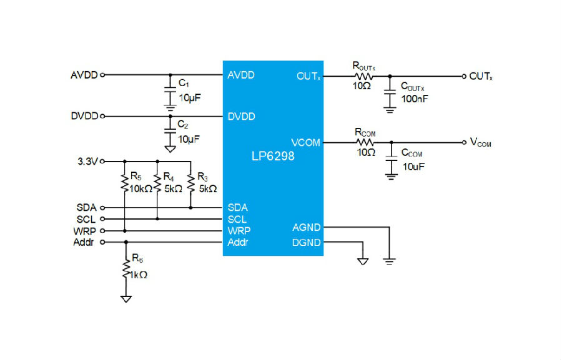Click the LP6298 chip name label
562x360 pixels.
(273, 156)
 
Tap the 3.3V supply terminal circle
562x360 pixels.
(102, 162)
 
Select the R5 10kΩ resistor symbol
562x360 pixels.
(125, 183)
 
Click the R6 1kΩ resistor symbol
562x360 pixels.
(126, 268)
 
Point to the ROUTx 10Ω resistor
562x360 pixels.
(364, 76)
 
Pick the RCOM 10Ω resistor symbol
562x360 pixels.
(365, 143)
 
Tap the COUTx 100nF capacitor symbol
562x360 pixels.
(390, 91)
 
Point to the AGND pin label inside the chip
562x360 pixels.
(306, 228)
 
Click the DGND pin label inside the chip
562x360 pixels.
(306, 243)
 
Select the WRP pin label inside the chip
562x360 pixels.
(239, 231)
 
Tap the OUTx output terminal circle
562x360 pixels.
(464, 76)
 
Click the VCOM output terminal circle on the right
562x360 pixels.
(464, 143)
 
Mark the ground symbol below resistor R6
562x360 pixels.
(126, 299)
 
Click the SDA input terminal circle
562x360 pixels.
(102, 208)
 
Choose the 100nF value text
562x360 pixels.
(415, 99)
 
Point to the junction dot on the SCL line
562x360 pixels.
(157, 219)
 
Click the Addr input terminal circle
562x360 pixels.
(102, 242)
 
